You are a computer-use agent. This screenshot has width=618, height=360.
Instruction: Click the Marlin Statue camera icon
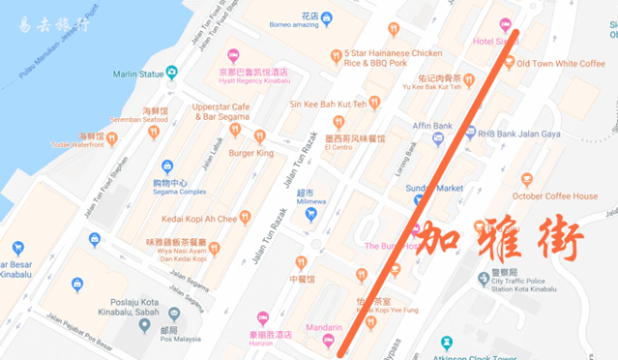[x=171, y=73]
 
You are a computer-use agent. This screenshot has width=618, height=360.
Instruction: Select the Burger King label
[x=250, y=153]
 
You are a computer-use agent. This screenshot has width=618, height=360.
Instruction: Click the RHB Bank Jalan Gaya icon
[x=471, y=133]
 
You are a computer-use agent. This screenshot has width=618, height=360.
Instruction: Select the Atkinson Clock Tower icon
[x=446, y=343]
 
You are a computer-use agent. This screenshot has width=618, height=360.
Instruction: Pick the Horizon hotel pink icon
[x=262, y=317]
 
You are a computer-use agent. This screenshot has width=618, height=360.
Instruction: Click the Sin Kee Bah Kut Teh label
[x=328, y=103]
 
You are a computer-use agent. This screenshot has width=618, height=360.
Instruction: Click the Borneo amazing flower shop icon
[x=327, y=18]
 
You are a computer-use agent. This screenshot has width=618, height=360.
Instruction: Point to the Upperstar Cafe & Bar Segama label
[x=221, y=111]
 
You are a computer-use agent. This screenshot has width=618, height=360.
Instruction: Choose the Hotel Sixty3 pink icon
[x=505, y=24]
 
